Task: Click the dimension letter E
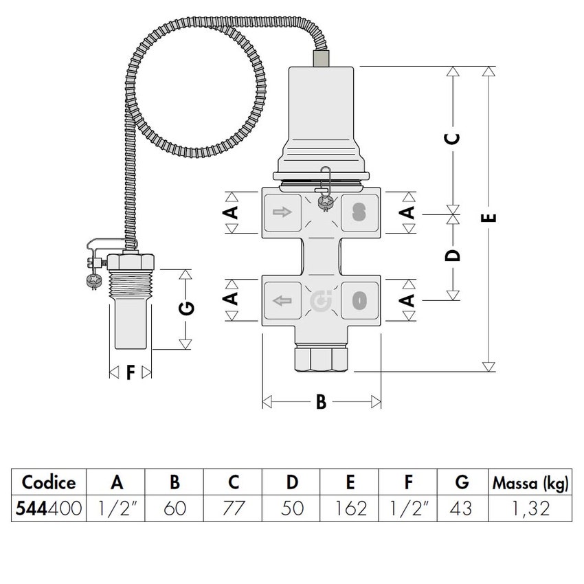[x=489, y=218]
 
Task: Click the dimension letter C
[x=452, y=138]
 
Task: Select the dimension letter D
[x=452, y=256]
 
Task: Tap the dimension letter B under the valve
[x=321, y=403]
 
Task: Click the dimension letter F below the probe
[x=131, y=372]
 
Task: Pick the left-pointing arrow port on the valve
[x=282, y=301]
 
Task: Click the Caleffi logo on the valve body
[x=321, y=301]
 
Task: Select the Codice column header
[x=49, y=483]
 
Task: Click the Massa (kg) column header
[x=530, y=483]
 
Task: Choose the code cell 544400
[x=49, y=509]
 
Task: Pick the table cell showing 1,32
[x=530, y=509]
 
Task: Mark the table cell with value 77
[x=233, y=509]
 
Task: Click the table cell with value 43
[x=462, y=509]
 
